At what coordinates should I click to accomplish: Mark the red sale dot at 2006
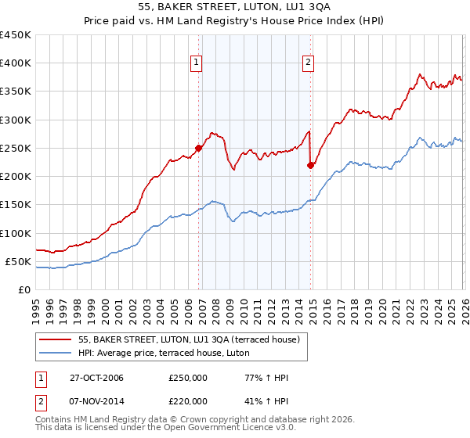click(199, 148)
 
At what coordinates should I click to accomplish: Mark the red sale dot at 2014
click(311, 164)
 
